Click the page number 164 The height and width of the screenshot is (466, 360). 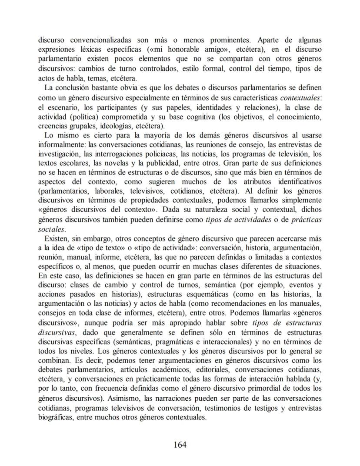click(180, 444)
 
